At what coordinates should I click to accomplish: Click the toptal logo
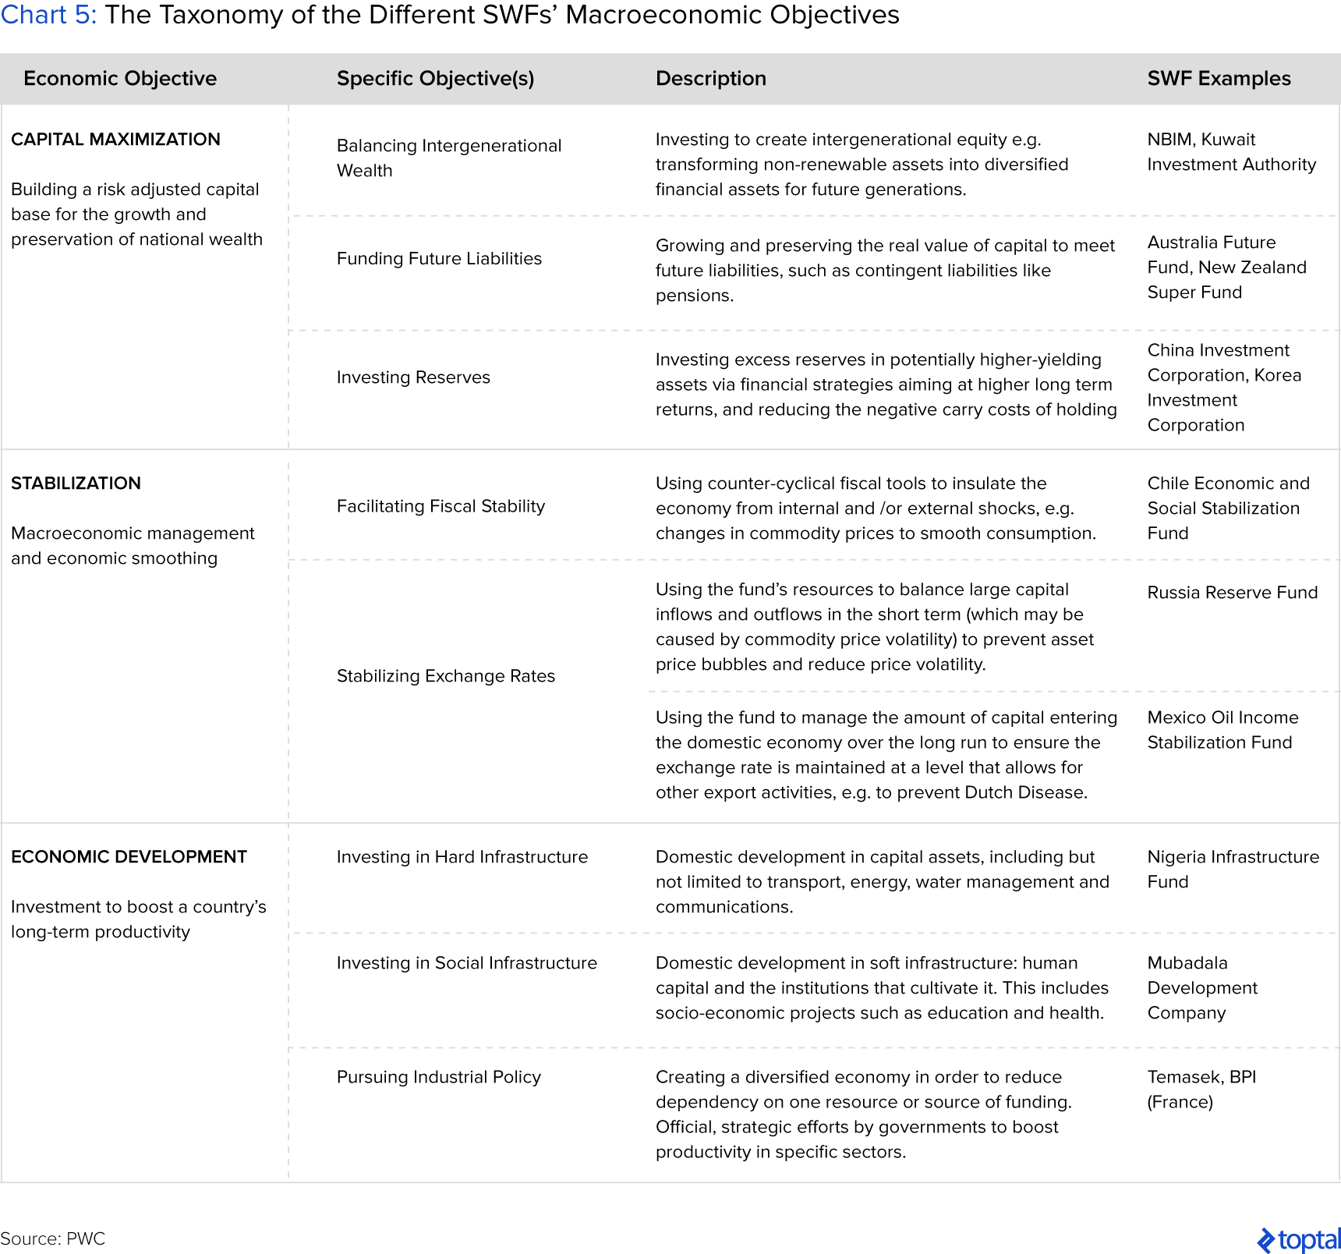click(1298, 1239)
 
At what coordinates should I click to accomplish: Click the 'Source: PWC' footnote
click(52, 1238)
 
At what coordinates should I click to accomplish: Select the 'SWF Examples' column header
click(1219, 79)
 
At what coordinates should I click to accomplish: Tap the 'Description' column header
click(710, 79)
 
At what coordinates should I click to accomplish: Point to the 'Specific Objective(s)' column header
click(435, 79)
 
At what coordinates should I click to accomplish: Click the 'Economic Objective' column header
click(120, 79)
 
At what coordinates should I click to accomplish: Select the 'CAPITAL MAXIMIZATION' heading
click(115, 140)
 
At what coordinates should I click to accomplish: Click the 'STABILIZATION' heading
click(76, 484)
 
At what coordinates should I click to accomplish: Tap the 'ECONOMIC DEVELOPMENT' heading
click(129, 857)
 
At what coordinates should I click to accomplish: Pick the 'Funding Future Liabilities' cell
click(439, 259)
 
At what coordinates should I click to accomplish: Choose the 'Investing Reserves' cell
click(413, 377)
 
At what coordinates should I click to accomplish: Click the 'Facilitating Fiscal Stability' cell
click(441, 506)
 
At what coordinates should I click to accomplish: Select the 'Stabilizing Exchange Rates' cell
click(445, 676)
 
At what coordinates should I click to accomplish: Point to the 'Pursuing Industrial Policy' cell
click(438, 1077)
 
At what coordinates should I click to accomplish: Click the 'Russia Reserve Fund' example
click(1232, 593)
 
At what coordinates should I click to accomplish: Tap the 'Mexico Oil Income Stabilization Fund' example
click(1222, 730)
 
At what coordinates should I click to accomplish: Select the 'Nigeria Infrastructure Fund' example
click(1233, 870)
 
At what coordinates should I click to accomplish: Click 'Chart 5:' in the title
click(48, 15)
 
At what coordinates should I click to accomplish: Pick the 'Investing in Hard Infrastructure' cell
click(462, 857)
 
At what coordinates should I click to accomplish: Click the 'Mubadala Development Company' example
click(1201, 988)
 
